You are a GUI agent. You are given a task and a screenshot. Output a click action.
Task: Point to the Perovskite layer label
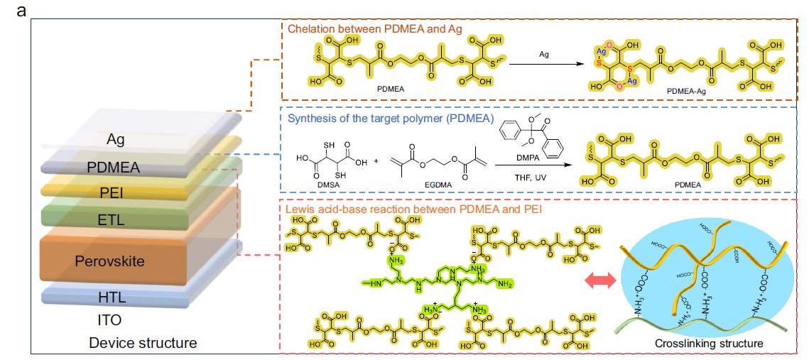(110, 261)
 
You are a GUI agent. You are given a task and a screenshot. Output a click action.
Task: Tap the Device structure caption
(143, 344)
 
